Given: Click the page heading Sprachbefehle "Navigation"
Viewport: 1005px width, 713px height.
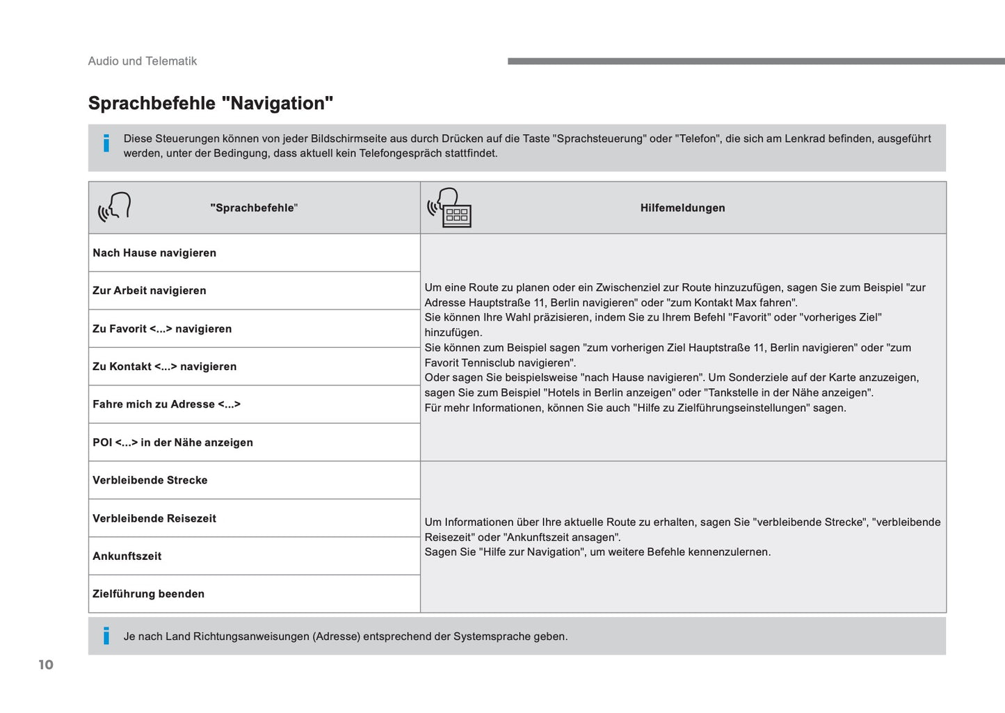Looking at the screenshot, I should tap(211, 104).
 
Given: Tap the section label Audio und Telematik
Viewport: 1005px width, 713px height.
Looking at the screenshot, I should tap(143, 61).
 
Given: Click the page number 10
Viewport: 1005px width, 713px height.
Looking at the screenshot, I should tap(46, 665).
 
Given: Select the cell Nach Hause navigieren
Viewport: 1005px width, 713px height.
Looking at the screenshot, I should tap(154, 253).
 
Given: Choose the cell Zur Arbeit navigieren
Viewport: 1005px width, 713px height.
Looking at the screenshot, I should tap(150, 291).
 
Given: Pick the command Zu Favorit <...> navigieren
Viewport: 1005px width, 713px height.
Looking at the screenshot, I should tap(162, 329).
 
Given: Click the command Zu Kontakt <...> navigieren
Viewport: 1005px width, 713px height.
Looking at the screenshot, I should tap(165, 367).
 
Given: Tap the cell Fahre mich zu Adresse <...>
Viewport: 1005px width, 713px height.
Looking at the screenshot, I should tap(167, 404).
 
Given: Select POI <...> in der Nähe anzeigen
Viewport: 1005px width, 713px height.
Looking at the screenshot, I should tap(173, 442).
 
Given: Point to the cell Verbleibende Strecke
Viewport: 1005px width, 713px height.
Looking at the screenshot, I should tap(150, 480).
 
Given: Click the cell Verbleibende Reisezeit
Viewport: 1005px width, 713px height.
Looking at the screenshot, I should tap(154, 518).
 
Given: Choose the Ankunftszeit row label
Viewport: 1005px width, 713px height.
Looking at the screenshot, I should tap(127, 556).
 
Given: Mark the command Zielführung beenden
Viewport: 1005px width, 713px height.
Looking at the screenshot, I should tap(149, 594).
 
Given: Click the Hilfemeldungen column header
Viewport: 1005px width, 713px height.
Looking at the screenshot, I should tap(682, 208).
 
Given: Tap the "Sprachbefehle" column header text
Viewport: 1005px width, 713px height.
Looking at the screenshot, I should tap(254, 208).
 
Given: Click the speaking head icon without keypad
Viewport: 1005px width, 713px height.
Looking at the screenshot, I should tap(115, 207).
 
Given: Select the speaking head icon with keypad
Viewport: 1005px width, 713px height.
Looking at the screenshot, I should tap(450, 207).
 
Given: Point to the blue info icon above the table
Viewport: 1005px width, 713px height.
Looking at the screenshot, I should tap(106, 144).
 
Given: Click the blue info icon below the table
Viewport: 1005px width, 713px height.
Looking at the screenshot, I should tap(106, 636).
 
